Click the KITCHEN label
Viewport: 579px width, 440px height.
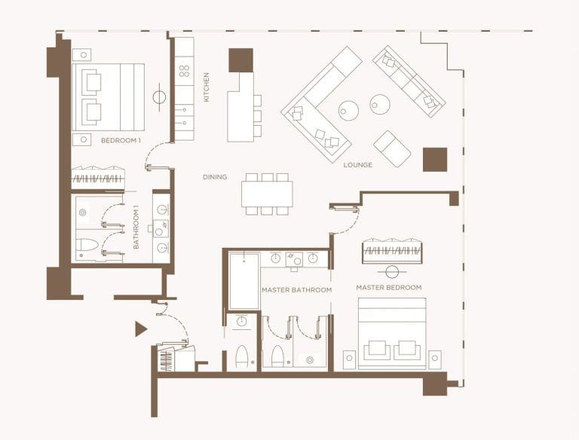point(206,87)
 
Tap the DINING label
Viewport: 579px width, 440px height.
point(215,178)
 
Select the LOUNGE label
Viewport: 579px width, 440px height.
point(357,165)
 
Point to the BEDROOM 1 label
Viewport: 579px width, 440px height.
point(121,141)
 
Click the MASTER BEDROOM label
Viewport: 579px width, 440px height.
point(388,287)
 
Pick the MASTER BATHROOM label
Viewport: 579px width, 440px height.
point(296,290)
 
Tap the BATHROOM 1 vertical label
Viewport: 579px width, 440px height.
point(136,228)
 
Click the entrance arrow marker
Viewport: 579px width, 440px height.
point(140,328)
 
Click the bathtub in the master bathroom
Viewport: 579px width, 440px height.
point(244,281)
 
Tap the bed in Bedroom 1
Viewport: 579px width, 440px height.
point(108,97)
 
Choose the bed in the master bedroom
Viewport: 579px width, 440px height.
point(391,334)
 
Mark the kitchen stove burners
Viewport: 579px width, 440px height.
point(184,72)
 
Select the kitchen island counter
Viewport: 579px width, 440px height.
point(240,106)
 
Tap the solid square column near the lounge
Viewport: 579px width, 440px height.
point(434,160)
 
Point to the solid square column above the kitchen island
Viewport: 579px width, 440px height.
point(240,60)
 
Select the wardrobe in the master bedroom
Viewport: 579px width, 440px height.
point(391,251)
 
